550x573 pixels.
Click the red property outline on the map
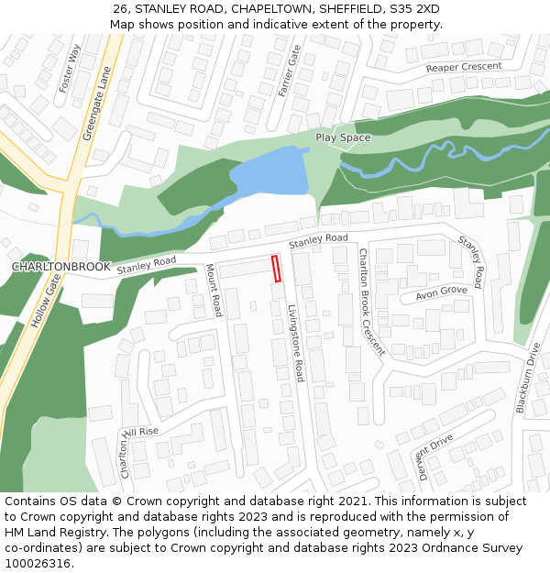(276, 269)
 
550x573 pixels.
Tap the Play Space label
(343, 138)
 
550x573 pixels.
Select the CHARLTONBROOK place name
(61, 267)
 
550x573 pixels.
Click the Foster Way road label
(70, 68)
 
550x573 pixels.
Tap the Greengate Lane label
(96, 103)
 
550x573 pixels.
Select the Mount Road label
(214, 291)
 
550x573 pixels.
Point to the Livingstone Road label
(295, 343)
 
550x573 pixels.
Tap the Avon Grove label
(442, 292)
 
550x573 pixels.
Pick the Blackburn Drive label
(528, 377)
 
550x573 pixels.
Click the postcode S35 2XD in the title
(413, 9)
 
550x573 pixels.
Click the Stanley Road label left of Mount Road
(146, 264)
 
